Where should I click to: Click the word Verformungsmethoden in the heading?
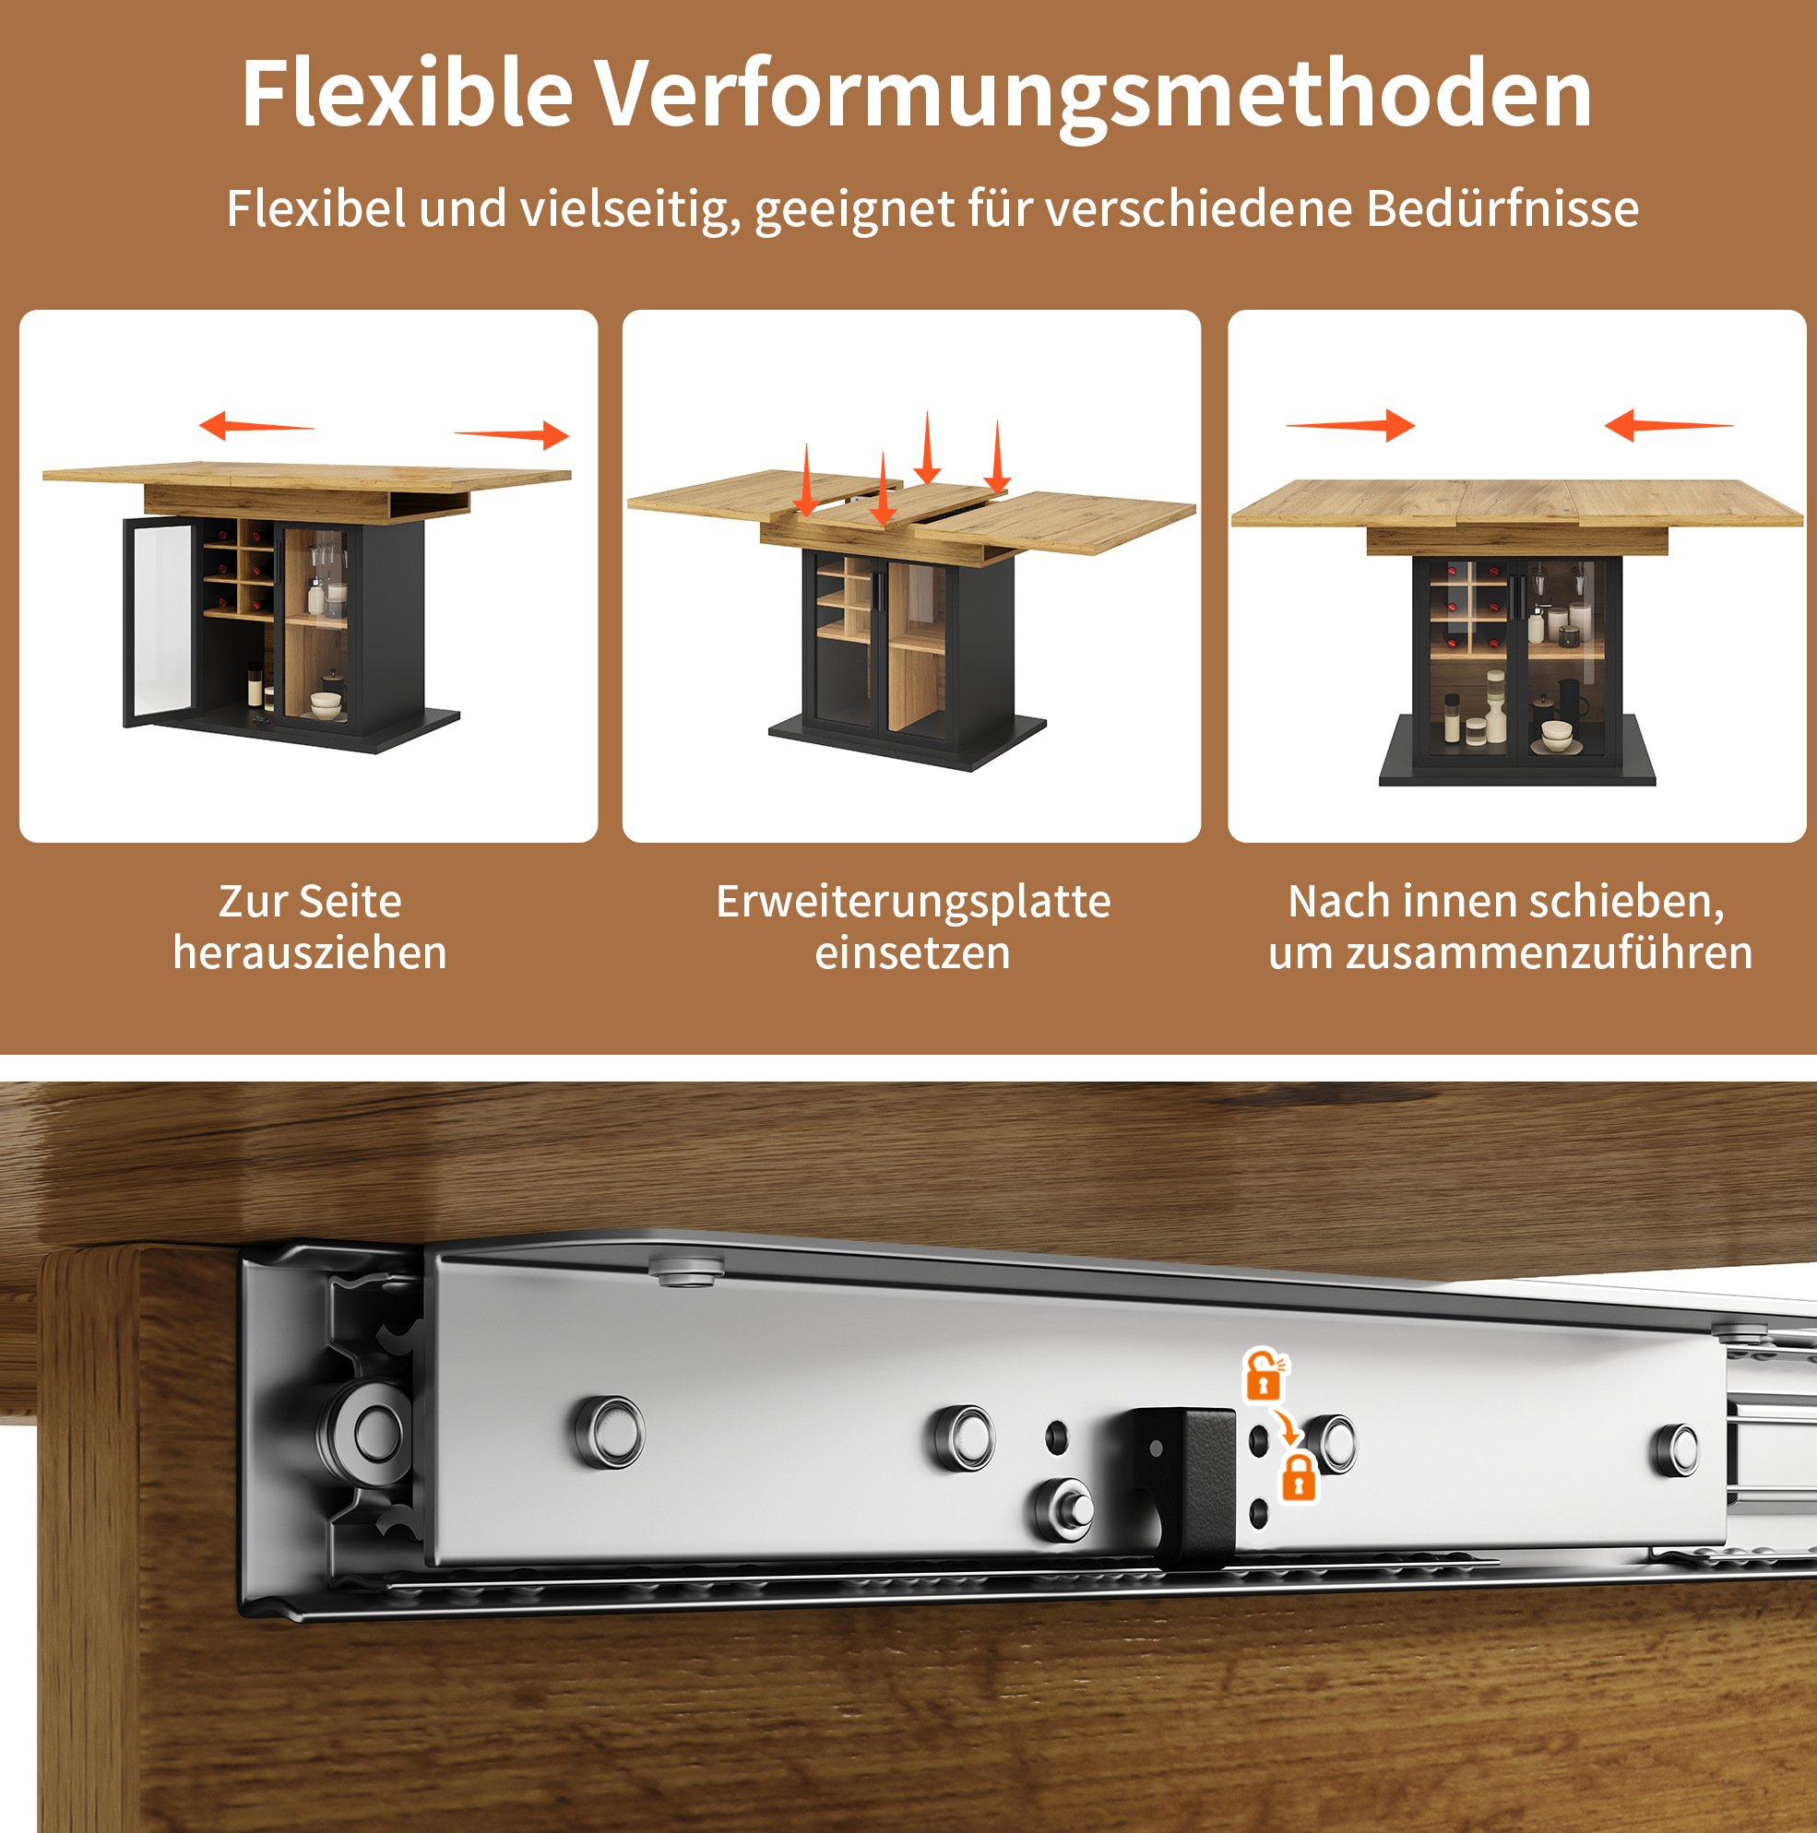[x=1093, y=95]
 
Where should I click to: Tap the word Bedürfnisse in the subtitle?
[x=1502, y=207]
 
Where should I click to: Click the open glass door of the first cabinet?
[x=158, y=621]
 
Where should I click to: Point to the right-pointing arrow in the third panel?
[x=1350, y=425]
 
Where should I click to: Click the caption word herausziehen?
[x=309, y=952]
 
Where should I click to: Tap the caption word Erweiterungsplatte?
[x=913, y=902]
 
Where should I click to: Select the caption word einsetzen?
[x=913, y=952]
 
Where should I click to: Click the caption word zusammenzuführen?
[x=1550, y=952]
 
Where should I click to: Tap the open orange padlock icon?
[x=1265, y=1375]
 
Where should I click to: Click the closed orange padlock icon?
[x=1299, y=1477]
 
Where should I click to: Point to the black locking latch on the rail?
[x=1182, y=1484]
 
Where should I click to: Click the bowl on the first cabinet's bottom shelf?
[x=326, y=705]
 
